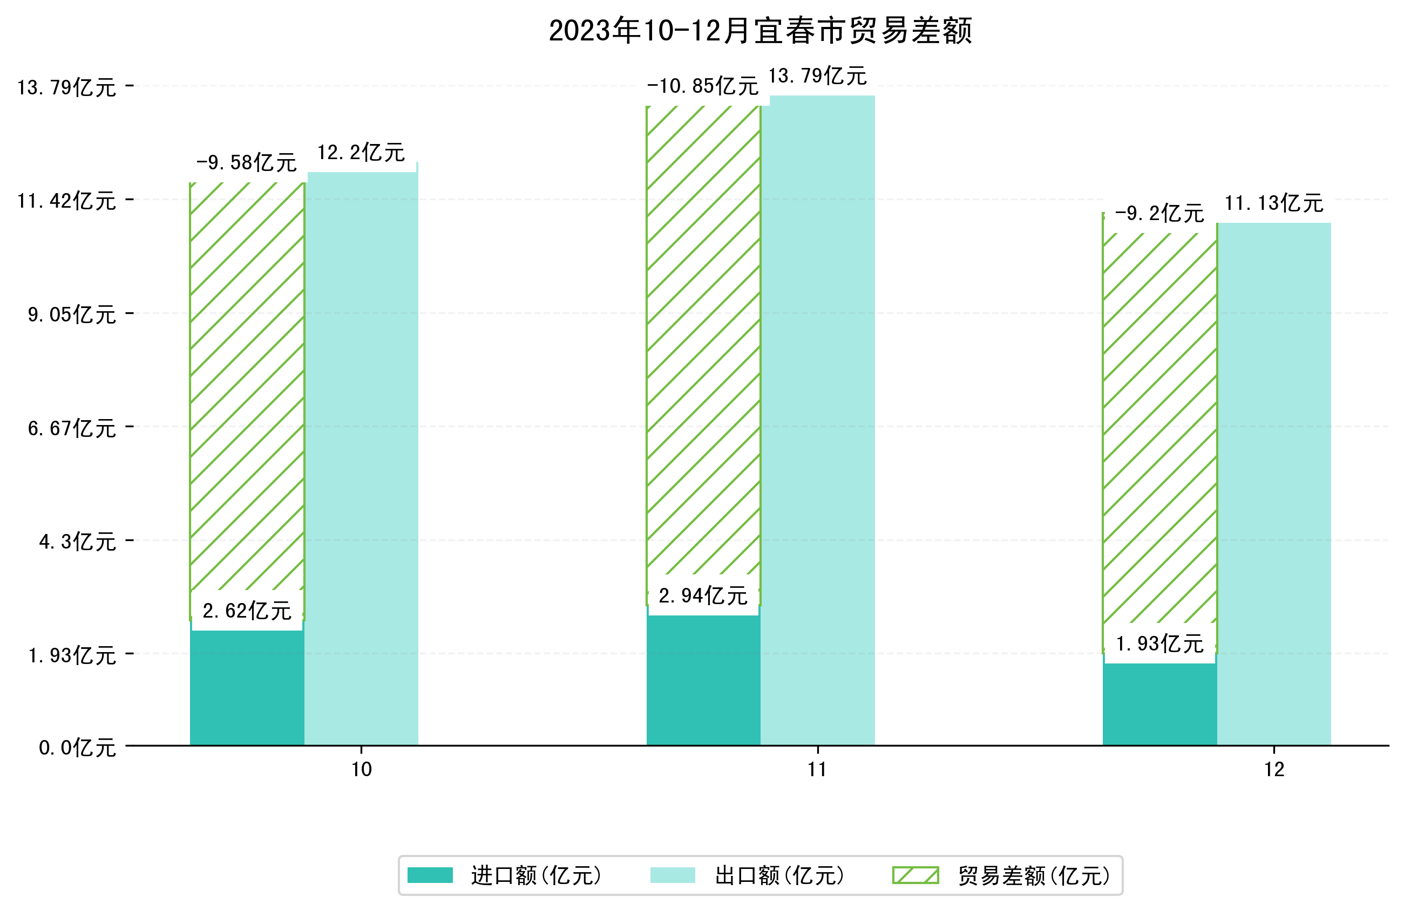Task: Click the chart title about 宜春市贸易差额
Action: (x=760, y=31)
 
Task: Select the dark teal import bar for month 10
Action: (x=247, y=687)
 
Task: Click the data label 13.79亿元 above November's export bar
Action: (x=817, y=76)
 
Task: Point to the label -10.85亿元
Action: (x=702, y=87)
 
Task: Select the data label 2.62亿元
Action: (x=247, y=611)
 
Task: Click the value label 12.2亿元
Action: (x=361, y=153)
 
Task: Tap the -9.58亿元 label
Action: (x=246, y=163)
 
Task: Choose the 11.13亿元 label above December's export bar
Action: (x=1273, y=203)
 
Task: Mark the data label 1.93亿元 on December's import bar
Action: (x=1159, y=644)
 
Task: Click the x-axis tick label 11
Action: (x=817, y=770)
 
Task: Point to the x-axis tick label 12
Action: (x=1273, y=770)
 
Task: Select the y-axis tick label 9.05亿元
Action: (x=72, y=315)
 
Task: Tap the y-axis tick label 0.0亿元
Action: (x=77, y=748)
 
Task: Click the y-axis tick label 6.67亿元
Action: (x=72, y=428)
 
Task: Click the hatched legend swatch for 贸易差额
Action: (x=915, y=875)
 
